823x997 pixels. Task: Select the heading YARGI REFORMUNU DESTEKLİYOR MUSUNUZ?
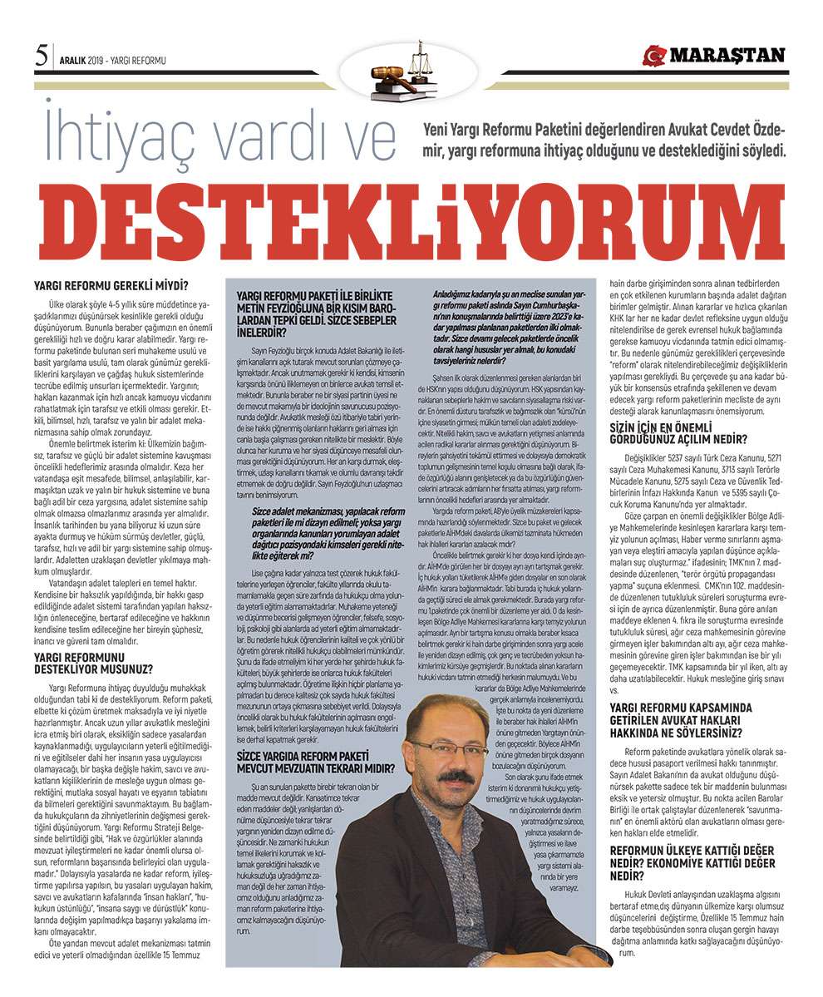coord(100,660)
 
